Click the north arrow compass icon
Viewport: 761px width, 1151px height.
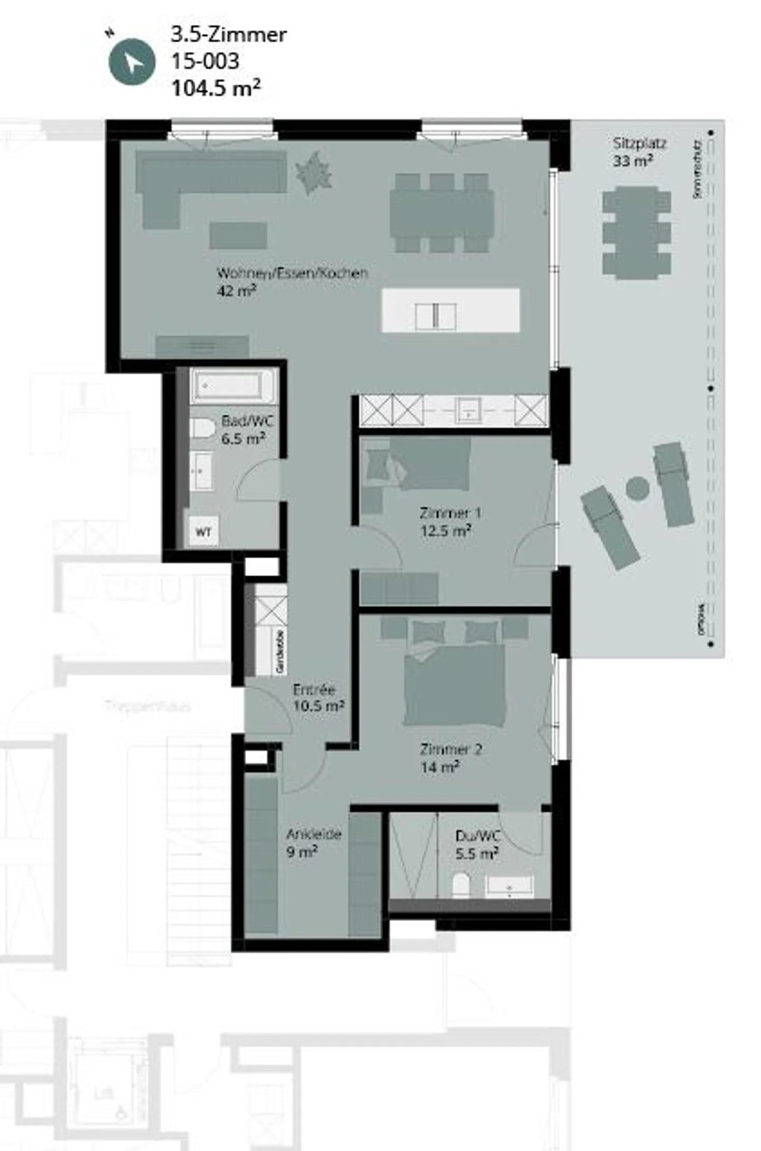tap(132, 62)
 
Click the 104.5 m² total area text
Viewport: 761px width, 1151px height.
tap(216, 88)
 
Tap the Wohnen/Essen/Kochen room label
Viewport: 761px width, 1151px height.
tap(292, 274)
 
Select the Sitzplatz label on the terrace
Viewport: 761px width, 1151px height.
tap(639, 144)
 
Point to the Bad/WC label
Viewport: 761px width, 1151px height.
tap(247, 422)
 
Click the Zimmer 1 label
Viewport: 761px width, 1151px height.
tap(450, 513)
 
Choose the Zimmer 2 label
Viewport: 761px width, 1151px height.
tap(451, 749)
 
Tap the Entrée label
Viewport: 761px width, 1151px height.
tap(314, 690)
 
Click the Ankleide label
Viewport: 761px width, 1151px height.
tap(313, 834)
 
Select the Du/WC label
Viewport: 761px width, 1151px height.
tap(477, 836)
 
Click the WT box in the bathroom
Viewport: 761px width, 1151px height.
tap(203, 531)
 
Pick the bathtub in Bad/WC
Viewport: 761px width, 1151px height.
tap(232, 386)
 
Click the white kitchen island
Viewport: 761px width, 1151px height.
tap(450, 310)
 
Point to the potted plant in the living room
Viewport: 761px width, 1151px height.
tap(314, 172)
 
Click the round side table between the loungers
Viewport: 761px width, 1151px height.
tap(637, 487)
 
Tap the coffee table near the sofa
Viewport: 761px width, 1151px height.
tap(238, 235)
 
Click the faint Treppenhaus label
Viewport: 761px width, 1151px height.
tap(147, 706)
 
